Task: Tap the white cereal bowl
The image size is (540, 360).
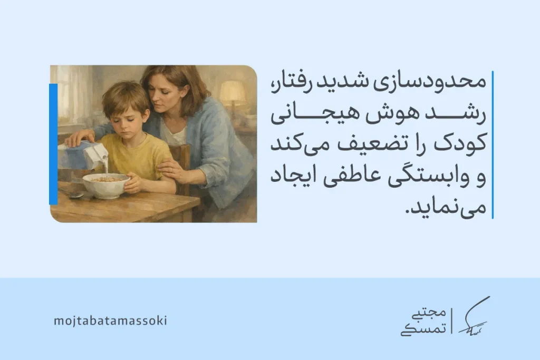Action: point(105,185)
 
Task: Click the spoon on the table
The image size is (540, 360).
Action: point(73,194)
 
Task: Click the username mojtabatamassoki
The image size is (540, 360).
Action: point(110,320)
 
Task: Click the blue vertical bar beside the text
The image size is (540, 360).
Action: point(492,144)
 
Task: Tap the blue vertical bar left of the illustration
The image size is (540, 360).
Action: point(53,143)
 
